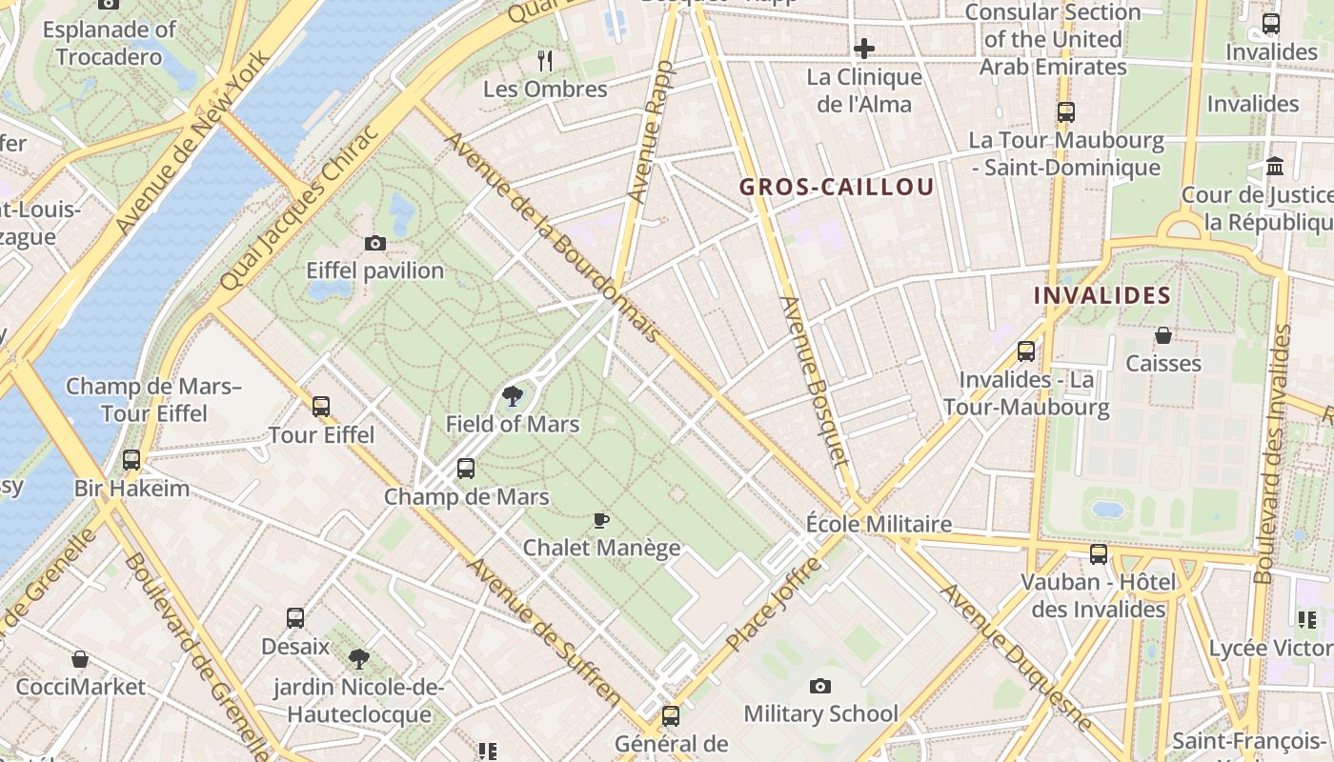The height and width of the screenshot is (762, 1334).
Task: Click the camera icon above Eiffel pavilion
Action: click(x=375, y=244)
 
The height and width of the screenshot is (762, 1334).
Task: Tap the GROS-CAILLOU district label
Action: click(x=837, y=187)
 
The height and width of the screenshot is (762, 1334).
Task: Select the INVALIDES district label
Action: click(x=1102, y=295)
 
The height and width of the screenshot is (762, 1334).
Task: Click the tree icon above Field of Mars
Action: click(x=512, y=396)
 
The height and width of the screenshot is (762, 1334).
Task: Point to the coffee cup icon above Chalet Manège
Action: click(x=600, y=520)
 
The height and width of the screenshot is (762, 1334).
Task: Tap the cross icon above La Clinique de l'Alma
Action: click(x=864, y=48)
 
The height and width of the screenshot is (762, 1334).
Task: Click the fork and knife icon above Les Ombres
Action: click(x=545, y=61)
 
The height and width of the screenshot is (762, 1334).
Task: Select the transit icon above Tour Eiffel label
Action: click(x=321, y=407)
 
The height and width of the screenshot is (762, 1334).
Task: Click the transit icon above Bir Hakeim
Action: click(x=131, y=460)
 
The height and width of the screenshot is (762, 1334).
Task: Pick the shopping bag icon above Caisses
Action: click(x=1162, y=335)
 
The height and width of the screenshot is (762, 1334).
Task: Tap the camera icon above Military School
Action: click(x=819, y=686)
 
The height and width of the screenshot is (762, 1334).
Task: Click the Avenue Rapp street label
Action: click(x=650, y=131)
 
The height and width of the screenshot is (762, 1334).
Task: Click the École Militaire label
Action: click(x=879, y=524)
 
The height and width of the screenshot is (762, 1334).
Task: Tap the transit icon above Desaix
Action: click(x=295, y=618)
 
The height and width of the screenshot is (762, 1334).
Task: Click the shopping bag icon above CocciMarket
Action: click(x=80, y=659)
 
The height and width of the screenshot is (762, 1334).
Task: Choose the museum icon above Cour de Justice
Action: click(x=1275, y=168)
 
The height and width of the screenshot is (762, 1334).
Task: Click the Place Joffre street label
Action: click(x=773, y=605)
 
